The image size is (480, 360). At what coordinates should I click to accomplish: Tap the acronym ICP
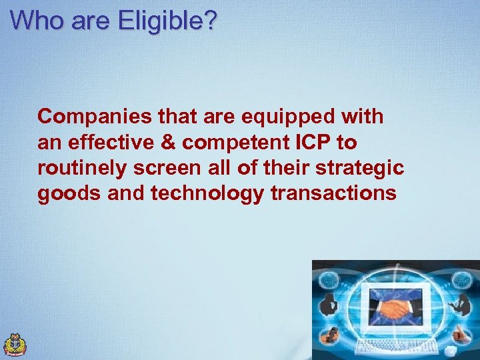(x=309, y=143)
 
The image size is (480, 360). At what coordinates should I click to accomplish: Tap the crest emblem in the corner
(x=15, y=345)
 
